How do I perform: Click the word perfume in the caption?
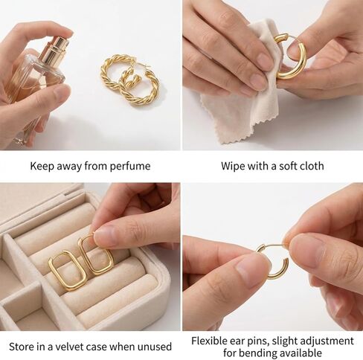[130, 166]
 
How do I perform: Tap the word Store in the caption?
[22, 346]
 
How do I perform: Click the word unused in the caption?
[155, 346]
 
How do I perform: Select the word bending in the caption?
[252, 353]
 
